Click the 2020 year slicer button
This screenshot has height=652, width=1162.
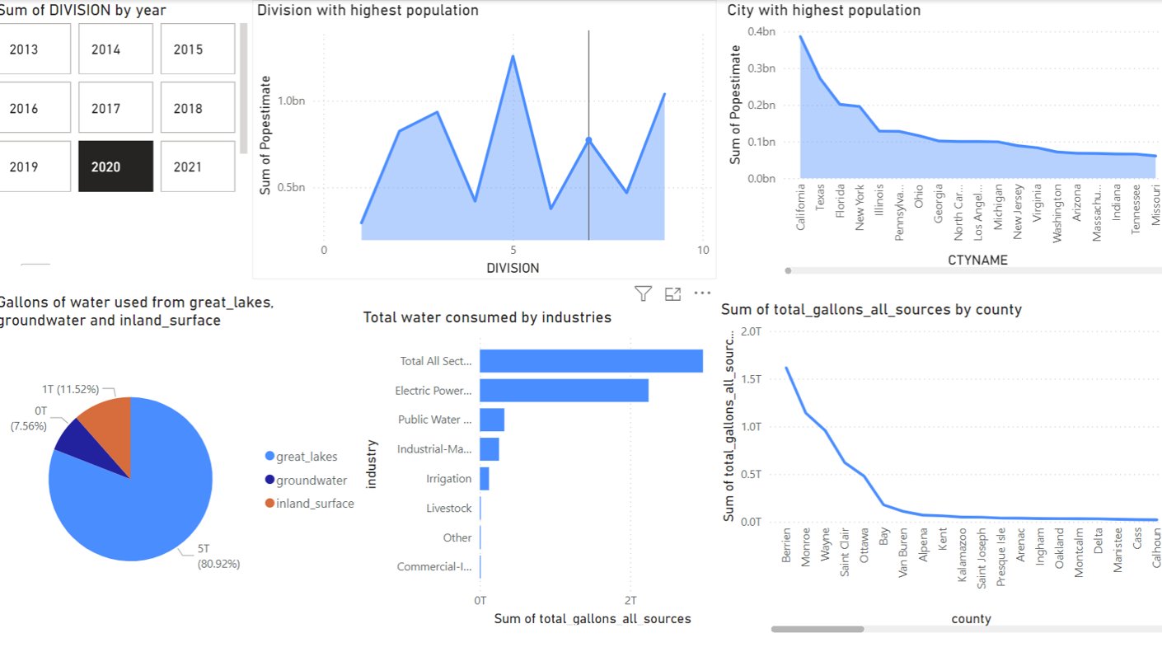tap(115, 167)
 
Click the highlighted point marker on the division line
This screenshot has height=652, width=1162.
tap(588, 140)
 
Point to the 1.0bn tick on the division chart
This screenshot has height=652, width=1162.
tap(292, 101)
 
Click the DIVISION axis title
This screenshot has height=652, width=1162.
tap(513, 268)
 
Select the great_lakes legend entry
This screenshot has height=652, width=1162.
tap(307, 457)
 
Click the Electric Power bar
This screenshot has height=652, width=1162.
tap(564, 391)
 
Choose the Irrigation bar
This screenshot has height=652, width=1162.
tap(485, 479)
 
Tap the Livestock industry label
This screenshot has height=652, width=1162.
tap(448, 509)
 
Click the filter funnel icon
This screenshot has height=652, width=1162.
tap(643, 293)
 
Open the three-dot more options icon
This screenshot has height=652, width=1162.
tap(702, 293)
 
